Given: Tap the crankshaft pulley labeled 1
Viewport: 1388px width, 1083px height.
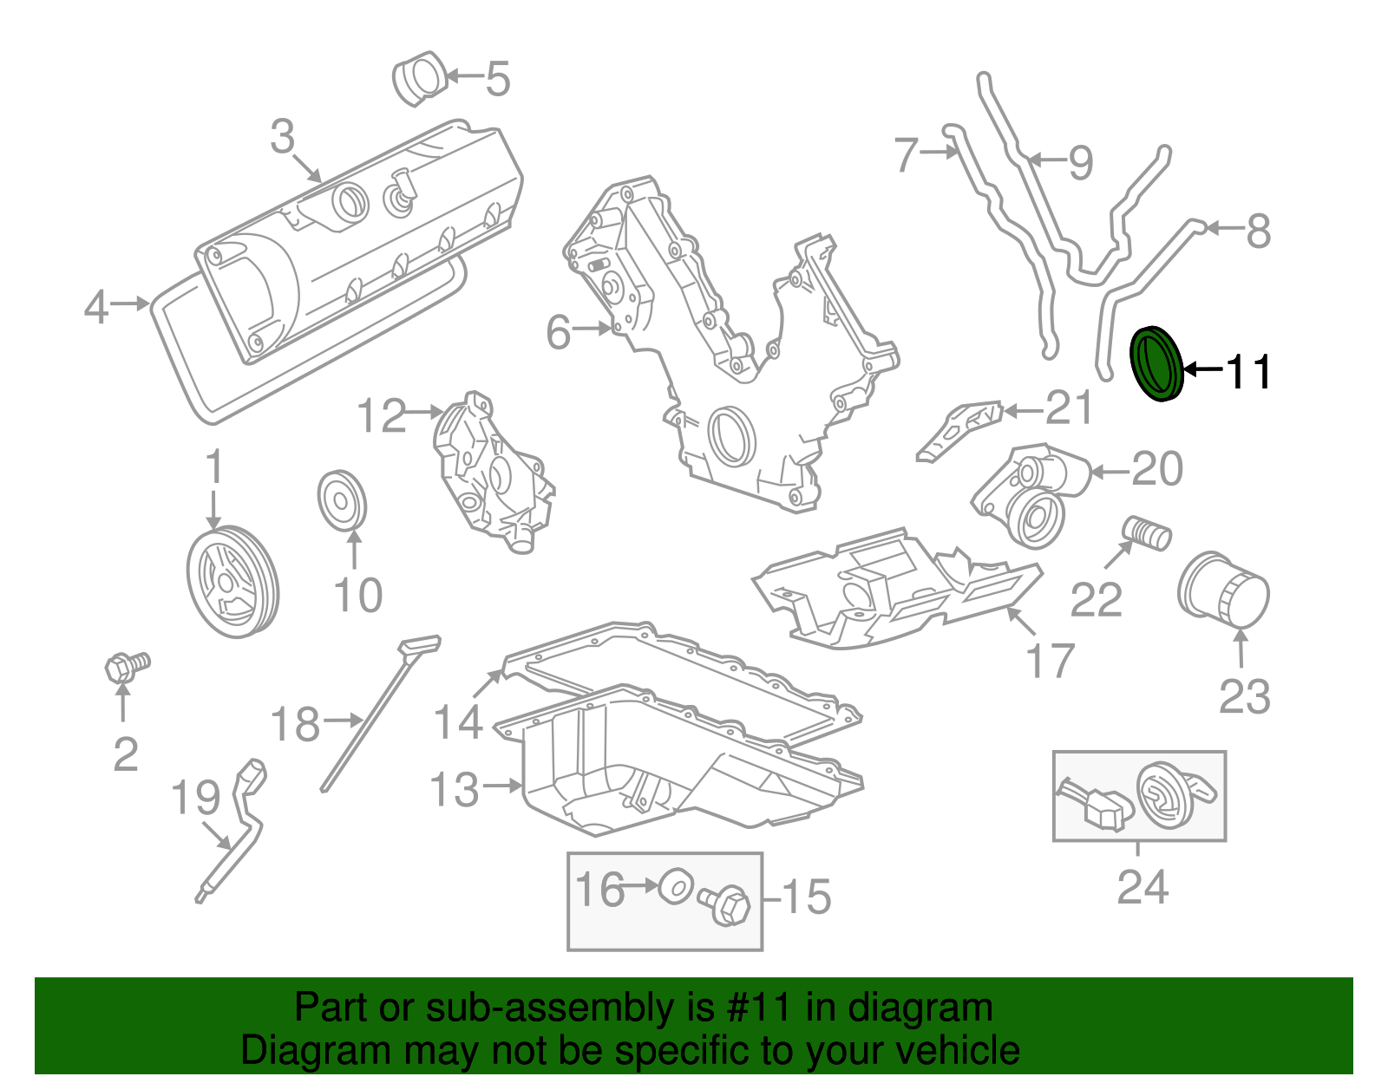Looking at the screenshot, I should tap(232, 582).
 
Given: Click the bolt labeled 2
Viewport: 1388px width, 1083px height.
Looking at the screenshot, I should tap(126, 666).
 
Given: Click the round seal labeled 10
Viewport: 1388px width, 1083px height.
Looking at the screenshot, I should tap(342, 499).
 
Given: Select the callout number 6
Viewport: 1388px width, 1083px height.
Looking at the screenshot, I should tap(559, 331).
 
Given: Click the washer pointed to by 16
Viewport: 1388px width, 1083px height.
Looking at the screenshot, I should tap(675, 886).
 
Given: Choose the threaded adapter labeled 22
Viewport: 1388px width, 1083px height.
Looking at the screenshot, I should tap(1147, 532).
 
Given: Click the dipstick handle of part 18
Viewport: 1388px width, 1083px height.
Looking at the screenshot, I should tap(421, 645).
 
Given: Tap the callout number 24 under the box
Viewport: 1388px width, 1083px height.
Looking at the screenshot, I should tap(1142, 886).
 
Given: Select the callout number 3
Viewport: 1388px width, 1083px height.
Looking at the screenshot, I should tap(283, 137).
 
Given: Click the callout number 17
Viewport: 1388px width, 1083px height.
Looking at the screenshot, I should tap(1051, 661).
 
